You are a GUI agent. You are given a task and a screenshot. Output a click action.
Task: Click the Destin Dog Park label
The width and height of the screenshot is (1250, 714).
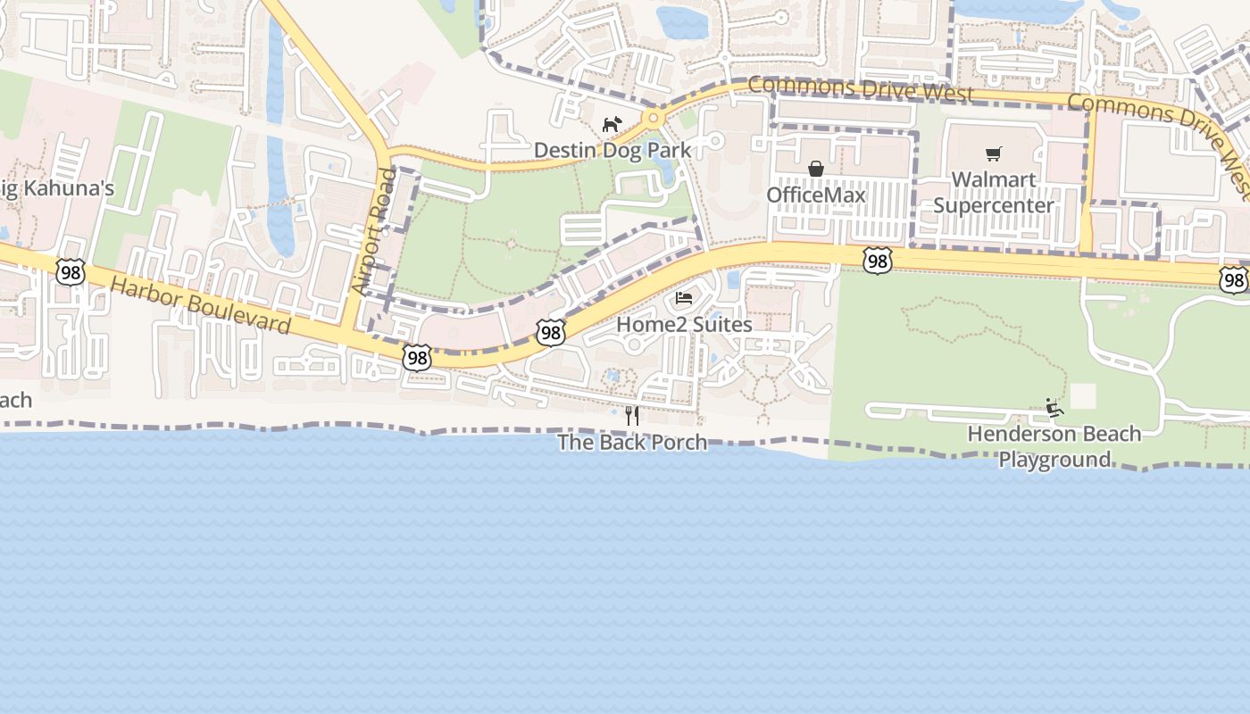pos(612,150)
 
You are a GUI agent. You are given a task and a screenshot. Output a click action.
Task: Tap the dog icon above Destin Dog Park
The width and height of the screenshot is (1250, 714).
pos(612,124)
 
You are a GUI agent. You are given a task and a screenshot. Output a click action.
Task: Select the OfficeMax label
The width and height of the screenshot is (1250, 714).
pos(816,195)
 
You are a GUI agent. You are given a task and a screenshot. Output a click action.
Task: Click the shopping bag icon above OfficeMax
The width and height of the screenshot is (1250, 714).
pos(816,169)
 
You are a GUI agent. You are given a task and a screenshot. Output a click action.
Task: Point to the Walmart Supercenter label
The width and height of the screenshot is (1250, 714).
pos(994,192)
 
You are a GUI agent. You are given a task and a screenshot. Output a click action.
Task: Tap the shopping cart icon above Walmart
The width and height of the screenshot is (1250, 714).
pos(994,154)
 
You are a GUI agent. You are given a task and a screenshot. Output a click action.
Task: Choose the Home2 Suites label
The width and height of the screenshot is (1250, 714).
pos(684,324)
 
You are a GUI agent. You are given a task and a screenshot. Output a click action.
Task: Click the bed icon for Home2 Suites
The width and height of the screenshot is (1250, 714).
pos(684,298)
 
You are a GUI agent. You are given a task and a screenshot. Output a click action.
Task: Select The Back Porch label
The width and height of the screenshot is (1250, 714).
pos(632,442)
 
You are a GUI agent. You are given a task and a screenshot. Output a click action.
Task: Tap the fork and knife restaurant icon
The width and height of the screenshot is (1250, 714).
pos(632,415)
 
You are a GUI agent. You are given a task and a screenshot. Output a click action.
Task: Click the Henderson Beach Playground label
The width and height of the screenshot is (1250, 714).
pos(1054,446)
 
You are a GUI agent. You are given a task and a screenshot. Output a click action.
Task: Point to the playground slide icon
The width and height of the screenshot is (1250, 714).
pos(1054,408)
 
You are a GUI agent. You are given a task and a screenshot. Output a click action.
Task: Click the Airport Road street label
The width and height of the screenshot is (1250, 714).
pos(374,231)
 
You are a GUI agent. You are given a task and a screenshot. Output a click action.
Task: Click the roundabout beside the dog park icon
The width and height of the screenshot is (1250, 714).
pos(654,117)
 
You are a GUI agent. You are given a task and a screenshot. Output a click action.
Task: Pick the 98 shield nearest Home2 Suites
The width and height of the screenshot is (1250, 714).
pos(551,333)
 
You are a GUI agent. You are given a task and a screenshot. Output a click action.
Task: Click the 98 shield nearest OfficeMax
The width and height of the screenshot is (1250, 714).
pos(878,261)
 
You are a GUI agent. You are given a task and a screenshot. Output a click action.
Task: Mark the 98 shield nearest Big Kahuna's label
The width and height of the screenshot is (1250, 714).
pos(70,272)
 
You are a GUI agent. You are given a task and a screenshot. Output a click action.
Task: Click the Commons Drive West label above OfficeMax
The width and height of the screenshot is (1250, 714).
pos(861,88)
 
